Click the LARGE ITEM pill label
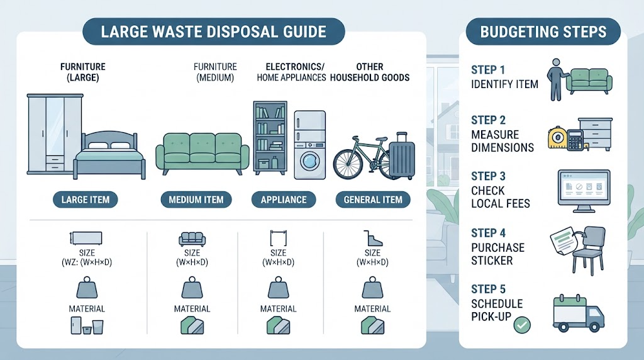(x=86, y=200)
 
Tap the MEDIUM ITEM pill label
(x=196, y=200)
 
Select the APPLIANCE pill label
(x=284, y=200)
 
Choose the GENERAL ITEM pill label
(x=373, y=200)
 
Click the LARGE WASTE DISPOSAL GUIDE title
(x=214, y=31)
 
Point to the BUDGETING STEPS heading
(x=543, y=31)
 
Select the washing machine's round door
(x=309, y=160)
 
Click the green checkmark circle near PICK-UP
(x=522, y=325)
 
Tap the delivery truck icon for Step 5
(x=579, y=313)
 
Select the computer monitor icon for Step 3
(x=584, y=191)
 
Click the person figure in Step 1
(x=556, y=80)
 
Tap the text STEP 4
(x=488, y=233)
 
